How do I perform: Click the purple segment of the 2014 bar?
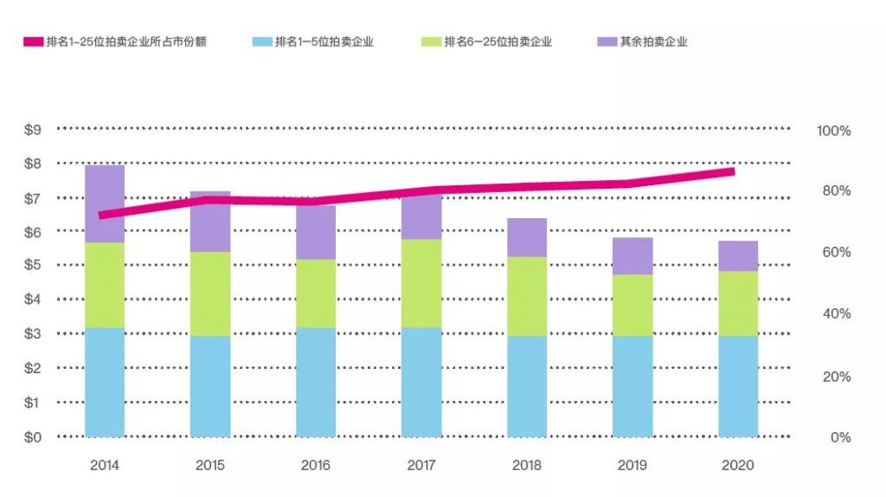[x=105, y=203]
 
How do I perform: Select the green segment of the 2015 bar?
[x=210, y=294]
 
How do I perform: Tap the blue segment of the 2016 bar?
[x=316, y=381]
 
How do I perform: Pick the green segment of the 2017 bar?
[x=421, y=283]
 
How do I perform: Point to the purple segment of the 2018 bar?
[x=527, y=237]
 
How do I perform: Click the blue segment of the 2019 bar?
[x=632, y=385]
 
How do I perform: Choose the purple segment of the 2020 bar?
[x=738, y=255]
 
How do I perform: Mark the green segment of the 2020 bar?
[x=738, y=303]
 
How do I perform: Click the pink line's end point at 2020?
[x=733, y=171]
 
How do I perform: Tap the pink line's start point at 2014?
[x=101, y=215]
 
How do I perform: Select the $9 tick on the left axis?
[x=33, y=130]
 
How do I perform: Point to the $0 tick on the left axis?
[x=33, y=437]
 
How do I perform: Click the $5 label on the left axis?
[x=33, y=265]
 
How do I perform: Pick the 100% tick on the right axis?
[x=834, y=131]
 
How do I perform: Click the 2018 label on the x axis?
[x=527, y=465]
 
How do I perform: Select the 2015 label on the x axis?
[x=210, y=465]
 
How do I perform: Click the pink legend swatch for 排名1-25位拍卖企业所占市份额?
[x=33, y=42]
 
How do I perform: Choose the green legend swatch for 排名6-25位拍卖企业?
[x=430, y=42]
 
